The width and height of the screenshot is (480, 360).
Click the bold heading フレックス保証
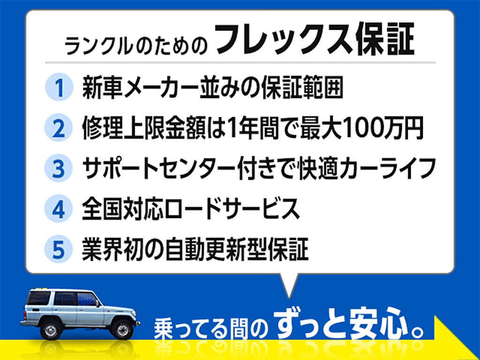coord(315,39)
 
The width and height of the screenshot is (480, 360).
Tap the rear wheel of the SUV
coord(51,330)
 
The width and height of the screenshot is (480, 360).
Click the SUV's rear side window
coord(38,298)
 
